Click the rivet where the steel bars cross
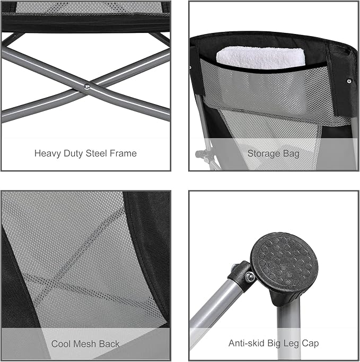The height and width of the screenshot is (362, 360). coord(87,87)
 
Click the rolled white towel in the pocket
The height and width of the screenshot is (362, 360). coord(261,58)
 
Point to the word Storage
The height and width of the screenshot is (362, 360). coord(264,154)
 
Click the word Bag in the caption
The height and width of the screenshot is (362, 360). coord(291,154)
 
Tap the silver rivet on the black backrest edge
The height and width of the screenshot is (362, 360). coord(349,81)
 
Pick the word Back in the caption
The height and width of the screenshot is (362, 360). coord(109,344)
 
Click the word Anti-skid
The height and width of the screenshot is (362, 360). coord(247,343)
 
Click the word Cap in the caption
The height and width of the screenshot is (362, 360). coord(310,344)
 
